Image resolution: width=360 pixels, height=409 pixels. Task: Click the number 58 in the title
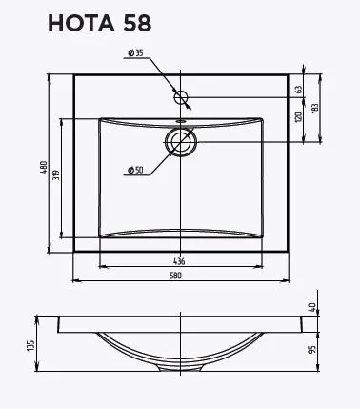tap(131, 24)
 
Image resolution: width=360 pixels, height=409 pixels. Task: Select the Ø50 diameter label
tap(133, 170)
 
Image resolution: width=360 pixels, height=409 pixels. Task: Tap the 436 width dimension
tap(178, 260)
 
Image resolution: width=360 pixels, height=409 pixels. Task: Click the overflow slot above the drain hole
tap(180, 122)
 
